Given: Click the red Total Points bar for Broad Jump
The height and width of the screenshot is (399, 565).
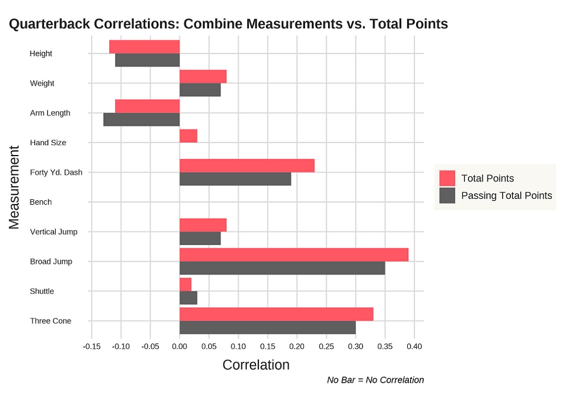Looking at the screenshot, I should pyautogui.click(x=294, y=255).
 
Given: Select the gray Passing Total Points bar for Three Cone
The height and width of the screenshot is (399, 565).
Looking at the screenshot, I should pyautogui.click(x=268, y=328).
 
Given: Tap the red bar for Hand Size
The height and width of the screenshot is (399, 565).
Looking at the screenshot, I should pyautogui.click(x=188, y=136).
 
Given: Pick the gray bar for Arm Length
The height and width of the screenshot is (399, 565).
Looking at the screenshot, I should pyautogui.click(x=142, y=120).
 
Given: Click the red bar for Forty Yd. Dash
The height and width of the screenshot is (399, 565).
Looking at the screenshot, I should pyautogui.click(x=247, y=166).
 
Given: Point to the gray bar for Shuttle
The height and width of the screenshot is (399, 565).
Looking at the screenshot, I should pyautogui.click(x=188, y=298).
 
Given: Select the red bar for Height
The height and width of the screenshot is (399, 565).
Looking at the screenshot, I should pyautogui.click(x=145, y=47).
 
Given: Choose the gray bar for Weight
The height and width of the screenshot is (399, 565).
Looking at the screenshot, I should pyautogui.click(x=200, y=90).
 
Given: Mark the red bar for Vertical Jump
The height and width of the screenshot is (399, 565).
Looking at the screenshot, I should pyautogui.click(x=203, y=225).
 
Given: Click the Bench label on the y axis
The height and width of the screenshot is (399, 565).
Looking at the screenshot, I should pyautogui.click(x=41, y=202).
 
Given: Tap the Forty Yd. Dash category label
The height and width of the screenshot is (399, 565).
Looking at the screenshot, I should pyautogui.click(x=56, y=172).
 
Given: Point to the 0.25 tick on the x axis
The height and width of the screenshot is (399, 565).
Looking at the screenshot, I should pyautogui.click(x=326, y=347).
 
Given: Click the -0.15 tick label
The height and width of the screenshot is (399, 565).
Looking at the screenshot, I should pyautogui.click(x=92, y=347).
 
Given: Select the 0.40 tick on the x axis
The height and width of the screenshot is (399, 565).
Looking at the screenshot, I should pyautogui.click(x=414, y=347).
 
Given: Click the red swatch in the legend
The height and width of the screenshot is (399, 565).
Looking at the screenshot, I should pyautogui.click(x=447, y=178).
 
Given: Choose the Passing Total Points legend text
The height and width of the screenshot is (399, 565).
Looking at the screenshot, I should pyautogui.click(x=506, y=195).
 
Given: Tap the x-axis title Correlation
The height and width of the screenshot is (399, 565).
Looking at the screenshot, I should pyautogui.click(x=255, y=365).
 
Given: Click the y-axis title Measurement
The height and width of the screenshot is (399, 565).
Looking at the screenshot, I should pyautogui.click(x=14, y=187).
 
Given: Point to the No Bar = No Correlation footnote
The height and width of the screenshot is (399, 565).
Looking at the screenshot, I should pyautogui.click(x=375, y=380).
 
